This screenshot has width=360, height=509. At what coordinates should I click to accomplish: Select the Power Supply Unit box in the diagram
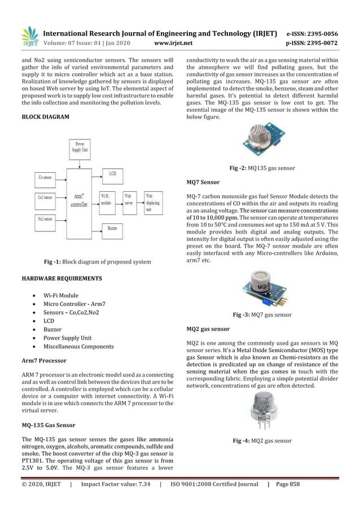coord(79,149)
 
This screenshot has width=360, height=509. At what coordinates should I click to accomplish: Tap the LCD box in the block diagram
coord(112,175)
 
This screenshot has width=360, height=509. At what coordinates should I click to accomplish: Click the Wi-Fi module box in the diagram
coord(107,201)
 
